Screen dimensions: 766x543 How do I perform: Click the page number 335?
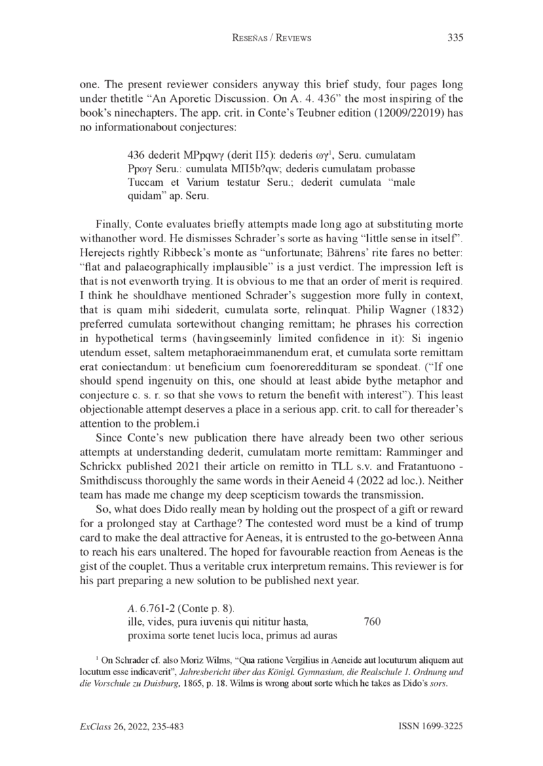(455, 38)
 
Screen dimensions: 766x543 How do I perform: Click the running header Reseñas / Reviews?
(271, 38)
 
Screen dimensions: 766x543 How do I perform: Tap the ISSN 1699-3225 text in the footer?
(430, 726)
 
